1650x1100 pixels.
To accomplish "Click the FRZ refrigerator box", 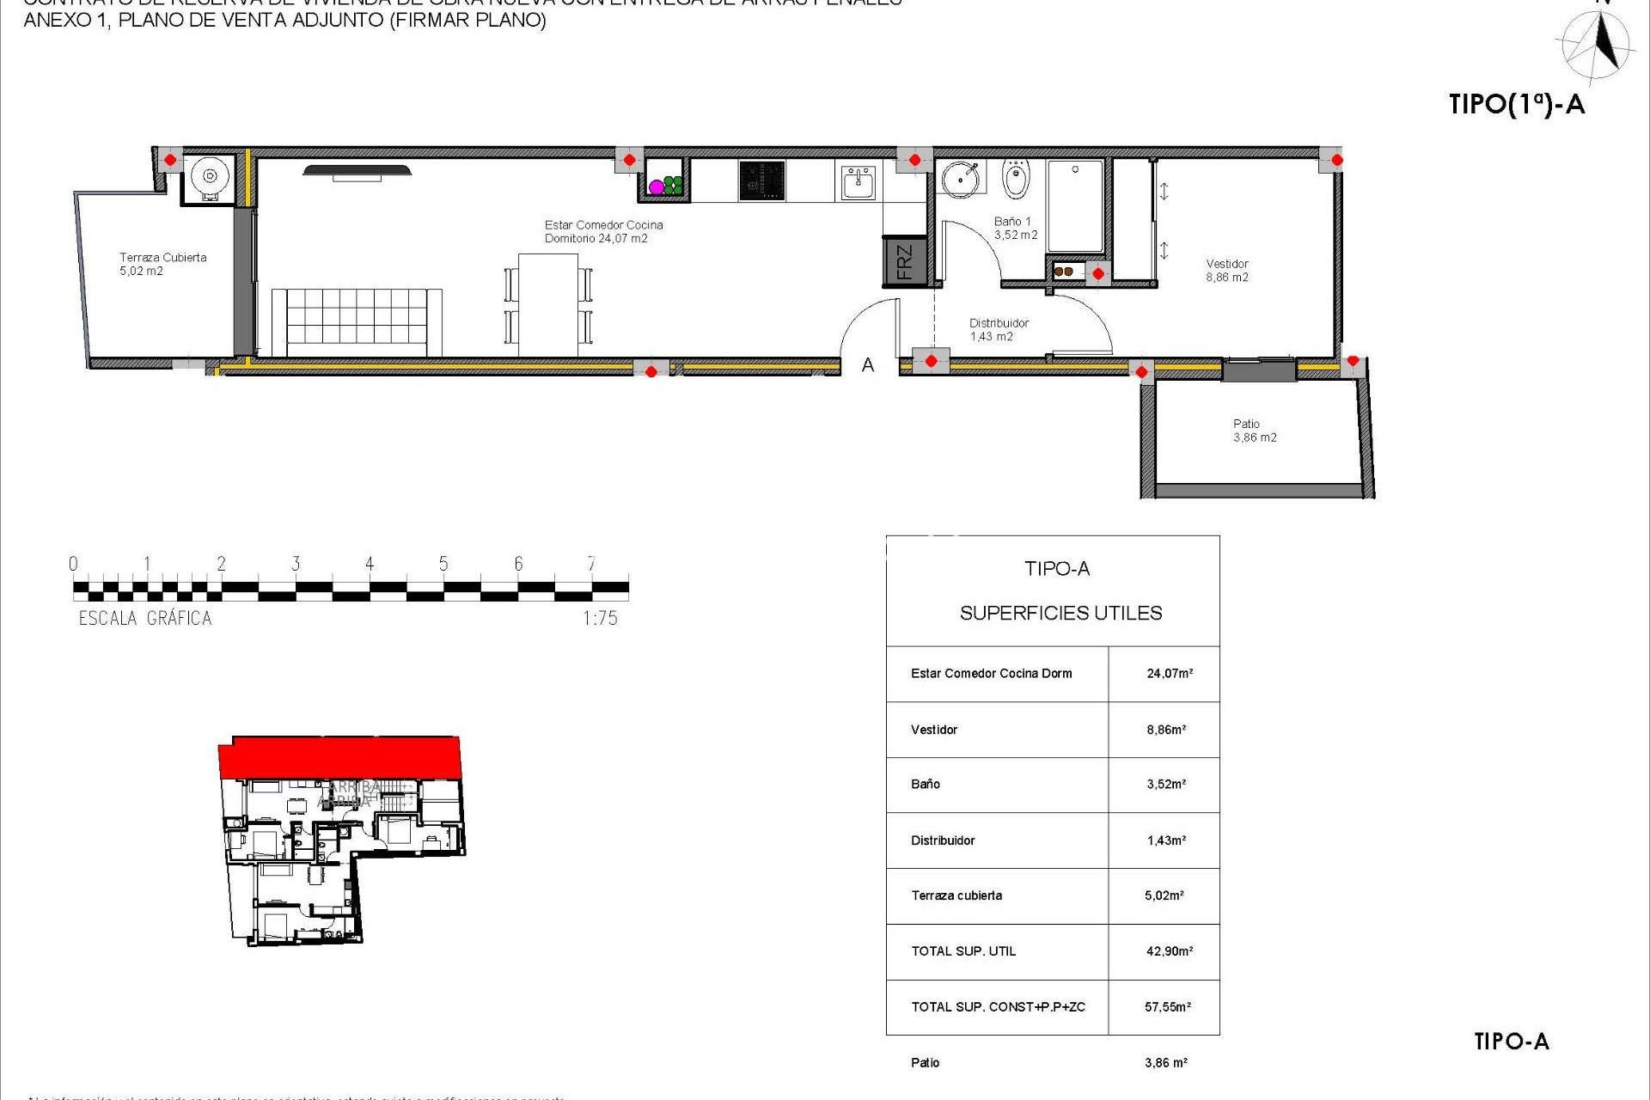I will (x=904, y=261).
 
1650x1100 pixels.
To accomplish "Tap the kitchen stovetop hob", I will (x=761, y=180).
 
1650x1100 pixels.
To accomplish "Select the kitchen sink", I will (x=858, y=182).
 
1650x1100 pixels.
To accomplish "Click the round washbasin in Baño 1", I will (x=960, y=179).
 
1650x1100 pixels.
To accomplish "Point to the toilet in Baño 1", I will (x=1016, y=179).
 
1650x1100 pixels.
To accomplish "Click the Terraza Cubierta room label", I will (x=162, y=264).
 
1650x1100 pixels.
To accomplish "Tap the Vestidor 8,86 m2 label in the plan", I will (x=1226, y=270).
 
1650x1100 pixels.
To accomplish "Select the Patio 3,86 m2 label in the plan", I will (x=1254, y=431).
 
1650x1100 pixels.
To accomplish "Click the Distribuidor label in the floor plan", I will (x=999, y=329).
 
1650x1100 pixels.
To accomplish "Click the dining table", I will (x=548, y=304).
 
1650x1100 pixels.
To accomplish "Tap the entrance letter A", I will (x=868, y=365).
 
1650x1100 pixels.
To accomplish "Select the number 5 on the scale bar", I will (x=443, y=564).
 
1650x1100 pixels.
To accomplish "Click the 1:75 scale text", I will (x=600, y=618).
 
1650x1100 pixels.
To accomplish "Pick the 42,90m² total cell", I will (x=1169, y=951).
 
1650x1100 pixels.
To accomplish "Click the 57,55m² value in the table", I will (x=1167, y=1006).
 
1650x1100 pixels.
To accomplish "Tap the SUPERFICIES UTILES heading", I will (x=1060, y=613).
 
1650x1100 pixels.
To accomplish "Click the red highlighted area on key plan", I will (x=340, y=757).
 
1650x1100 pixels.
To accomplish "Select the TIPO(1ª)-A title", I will (x=1516, y=104).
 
